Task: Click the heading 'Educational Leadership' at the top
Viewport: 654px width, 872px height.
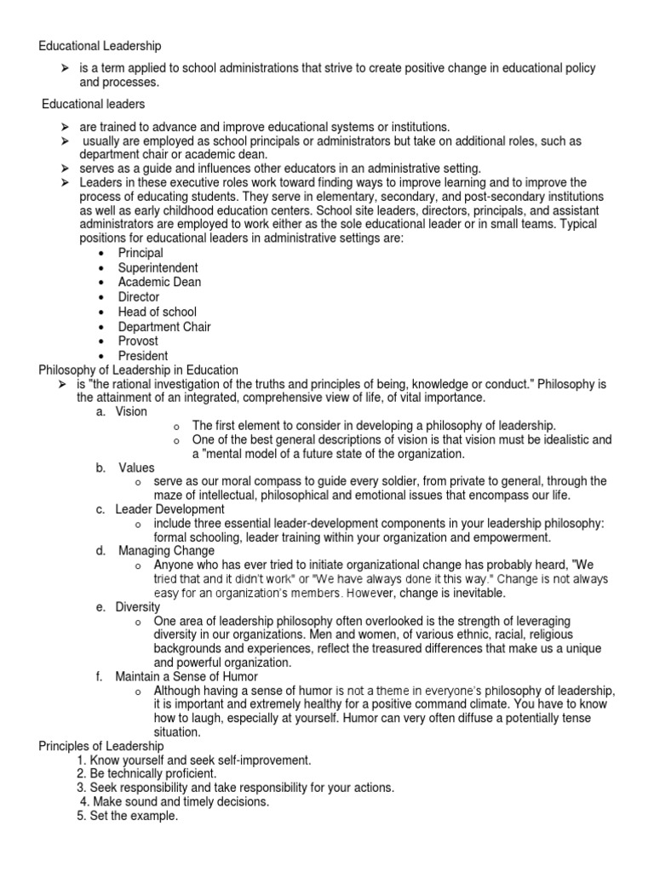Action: click(x=100, y=45)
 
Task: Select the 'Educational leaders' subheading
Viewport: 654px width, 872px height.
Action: click(x=94, y=104)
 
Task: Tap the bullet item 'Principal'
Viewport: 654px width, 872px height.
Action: click(x=141, y=253)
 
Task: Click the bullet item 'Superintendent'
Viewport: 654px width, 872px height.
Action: click(x=158, y=267)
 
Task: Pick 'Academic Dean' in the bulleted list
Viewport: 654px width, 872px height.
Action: click(x=159, y=282)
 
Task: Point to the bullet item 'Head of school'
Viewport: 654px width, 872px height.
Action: click(x=157, y=312)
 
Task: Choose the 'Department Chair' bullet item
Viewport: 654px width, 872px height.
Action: click(x=164, y=326)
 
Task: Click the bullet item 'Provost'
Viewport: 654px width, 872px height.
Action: click(x=139, y=341)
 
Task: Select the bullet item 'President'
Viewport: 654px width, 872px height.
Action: click(x=143, y=355)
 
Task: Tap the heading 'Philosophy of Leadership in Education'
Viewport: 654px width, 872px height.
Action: click(x=139, y=370)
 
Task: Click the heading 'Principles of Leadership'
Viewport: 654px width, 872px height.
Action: click(x=101, y=746)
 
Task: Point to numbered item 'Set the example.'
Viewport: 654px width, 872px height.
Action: click(x=127, y=816)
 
